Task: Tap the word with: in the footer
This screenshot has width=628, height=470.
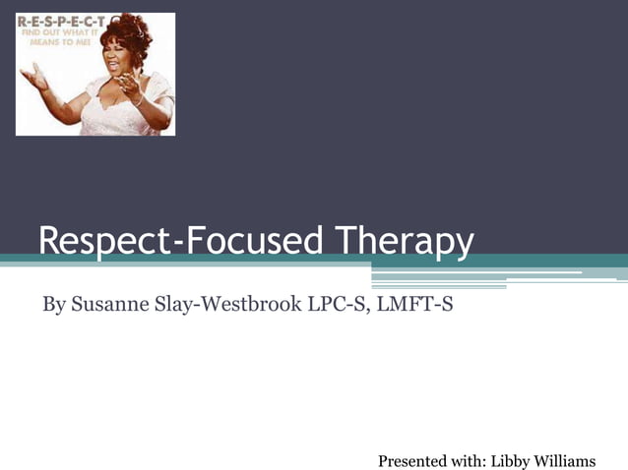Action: click(471, 460)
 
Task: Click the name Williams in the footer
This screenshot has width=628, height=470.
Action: click(566, 460)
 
